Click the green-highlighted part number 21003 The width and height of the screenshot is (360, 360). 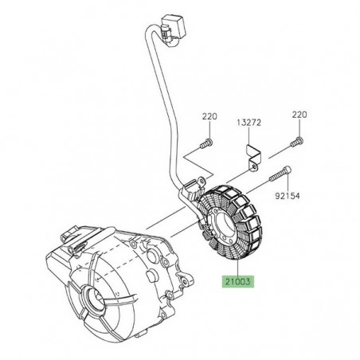(237, 280)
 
